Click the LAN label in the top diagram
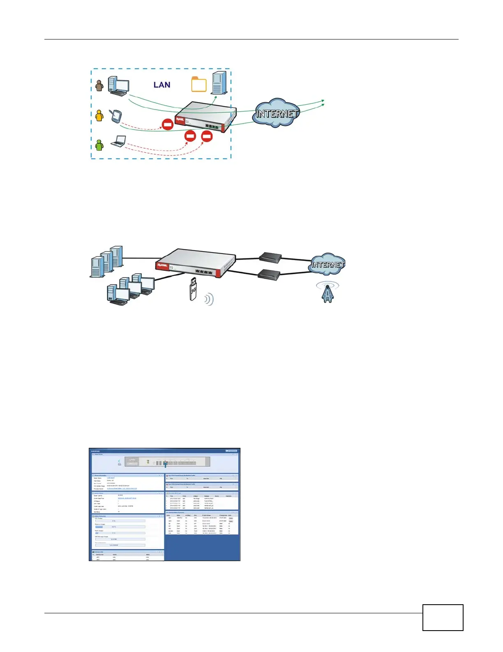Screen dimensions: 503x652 point(162,85)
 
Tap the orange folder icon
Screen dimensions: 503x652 point(199,84)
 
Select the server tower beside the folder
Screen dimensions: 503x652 point(219,83)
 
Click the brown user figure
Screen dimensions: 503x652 point(99,85)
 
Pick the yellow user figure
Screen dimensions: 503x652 point(99,115)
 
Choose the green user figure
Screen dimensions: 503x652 point(99,145)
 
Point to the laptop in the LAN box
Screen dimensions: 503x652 point(119,141)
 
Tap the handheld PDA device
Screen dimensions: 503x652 point(115,116)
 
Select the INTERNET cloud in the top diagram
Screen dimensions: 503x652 point(277,113)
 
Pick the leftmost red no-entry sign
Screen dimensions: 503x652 point(168,124)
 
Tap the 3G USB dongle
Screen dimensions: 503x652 point(193,289)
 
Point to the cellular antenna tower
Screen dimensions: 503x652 point(327,293)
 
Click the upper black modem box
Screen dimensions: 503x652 point(270,258)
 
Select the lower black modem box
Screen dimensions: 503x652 point(269,273)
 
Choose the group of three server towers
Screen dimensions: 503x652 point(106,261)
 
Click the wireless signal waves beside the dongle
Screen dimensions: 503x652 point(209,299)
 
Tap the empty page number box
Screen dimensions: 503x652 point(443,617)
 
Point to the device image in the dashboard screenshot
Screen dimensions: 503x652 point(167,462)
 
